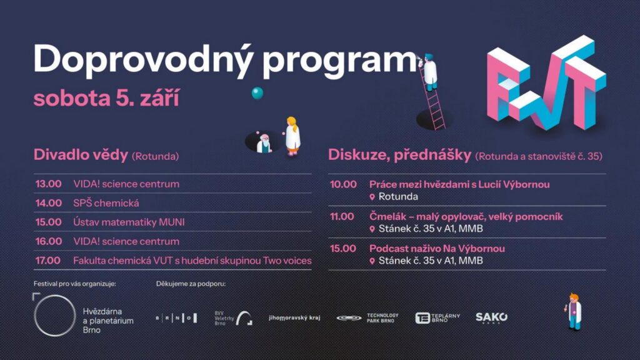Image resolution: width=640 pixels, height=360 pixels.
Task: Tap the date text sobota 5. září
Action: (x=106, y=98)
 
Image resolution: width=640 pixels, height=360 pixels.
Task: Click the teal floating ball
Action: (x=257, y=93)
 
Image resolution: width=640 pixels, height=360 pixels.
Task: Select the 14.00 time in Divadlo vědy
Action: (x=49, y=203)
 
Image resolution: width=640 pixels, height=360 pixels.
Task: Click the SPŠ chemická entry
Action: (x=106, y=203)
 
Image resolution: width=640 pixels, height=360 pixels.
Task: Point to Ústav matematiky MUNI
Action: (x=129, y=222)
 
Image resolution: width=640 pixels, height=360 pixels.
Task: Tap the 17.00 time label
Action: (x=47, y=261)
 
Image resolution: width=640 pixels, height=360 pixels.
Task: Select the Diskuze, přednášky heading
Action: (x=400, y=155)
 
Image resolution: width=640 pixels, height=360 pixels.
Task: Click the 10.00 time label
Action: (x=343, y=184)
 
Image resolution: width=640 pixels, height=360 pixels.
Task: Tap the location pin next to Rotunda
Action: (x=372, y=197)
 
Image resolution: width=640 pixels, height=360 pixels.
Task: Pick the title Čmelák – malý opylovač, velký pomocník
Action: (x=466, y=217)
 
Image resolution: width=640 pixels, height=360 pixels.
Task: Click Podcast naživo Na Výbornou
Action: (x=437, y=249)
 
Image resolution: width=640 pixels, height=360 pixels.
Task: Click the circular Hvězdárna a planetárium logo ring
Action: (x=36, y=315)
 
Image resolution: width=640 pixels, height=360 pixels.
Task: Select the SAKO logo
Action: (x=492, y=317)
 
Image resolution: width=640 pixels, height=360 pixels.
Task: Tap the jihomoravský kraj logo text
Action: (x=295, y=317)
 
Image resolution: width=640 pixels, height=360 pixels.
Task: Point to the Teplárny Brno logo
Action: (x=437, y=317)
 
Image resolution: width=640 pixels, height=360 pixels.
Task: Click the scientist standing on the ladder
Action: (x=429, y=72)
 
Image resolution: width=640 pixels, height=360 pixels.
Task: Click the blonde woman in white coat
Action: (x=292, y=136)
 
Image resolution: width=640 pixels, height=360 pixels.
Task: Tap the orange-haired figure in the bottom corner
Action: (x=575, y=311)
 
